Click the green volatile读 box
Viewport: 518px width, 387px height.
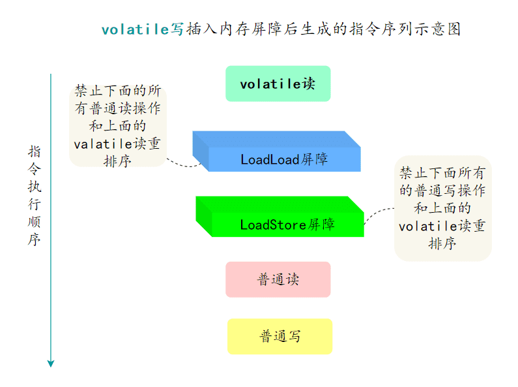pos(278,84)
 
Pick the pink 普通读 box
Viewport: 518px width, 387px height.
pos(278,279)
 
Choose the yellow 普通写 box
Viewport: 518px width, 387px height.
pos(280,336)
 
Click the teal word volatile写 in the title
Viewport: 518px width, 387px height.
pos(143,29)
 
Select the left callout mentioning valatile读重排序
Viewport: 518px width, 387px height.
pos(117,125)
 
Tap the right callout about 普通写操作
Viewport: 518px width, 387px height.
pos(442,208)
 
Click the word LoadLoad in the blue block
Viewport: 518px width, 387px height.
pos(269,159)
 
